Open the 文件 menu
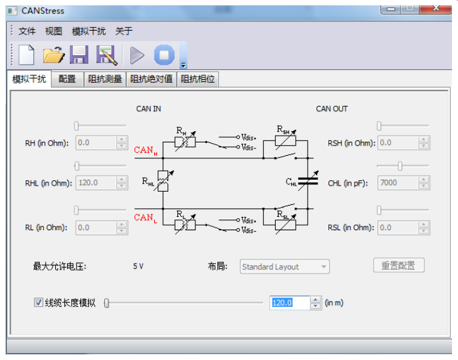coord(27,31)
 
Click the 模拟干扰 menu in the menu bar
coord(89,31)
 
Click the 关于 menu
coord(124,31)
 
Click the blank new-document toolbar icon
coord(27,55)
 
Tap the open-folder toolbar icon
coord(53,55)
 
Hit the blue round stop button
coord(164,55)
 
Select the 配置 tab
coord(67,79)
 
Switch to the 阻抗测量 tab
coord(105,79)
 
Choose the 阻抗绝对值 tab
coord(152,79)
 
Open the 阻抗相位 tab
coord(197,79)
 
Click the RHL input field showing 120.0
coord(96,183)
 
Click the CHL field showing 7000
coord(398,183)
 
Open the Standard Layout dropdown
coord(285,267)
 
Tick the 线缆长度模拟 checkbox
coord(39,302)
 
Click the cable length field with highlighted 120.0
coord(289,303)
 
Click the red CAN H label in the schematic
coord(146,150)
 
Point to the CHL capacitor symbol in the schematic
coord(308,181)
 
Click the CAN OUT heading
coord(332,108)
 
